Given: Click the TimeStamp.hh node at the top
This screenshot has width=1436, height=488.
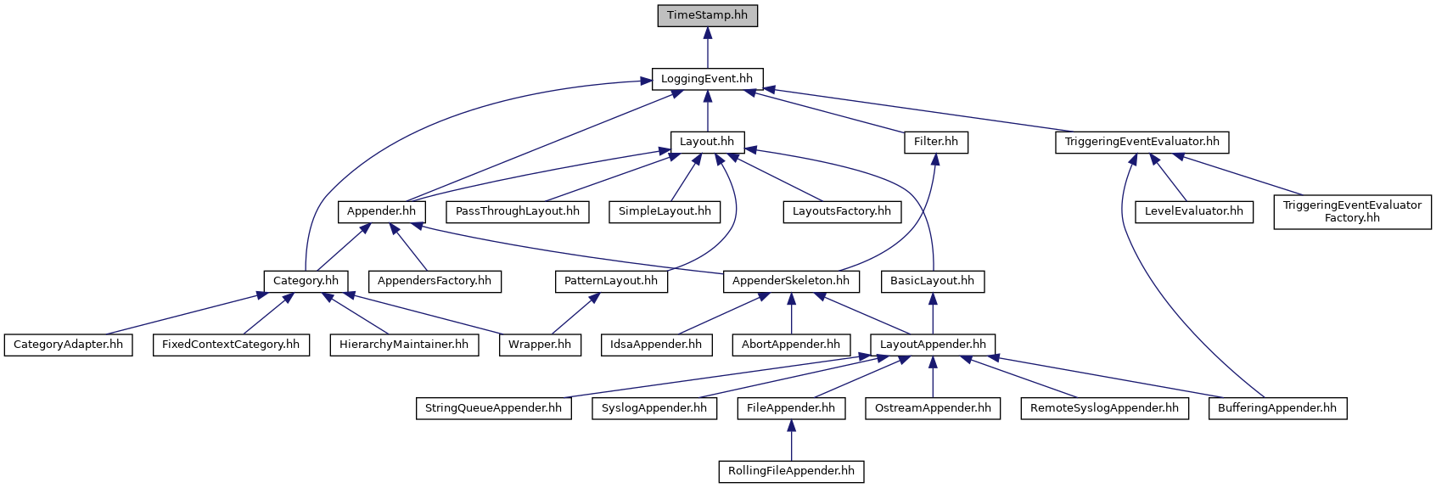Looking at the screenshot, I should [x=707, y=15].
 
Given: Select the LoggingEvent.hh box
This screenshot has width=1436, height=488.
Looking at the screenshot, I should [x=707, y=79].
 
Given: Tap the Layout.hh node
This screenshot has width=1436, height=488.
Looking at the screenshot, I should [x=707, y=142].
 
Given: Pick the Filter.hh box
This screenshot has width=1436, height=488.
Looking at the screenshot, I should [x=936, y=142].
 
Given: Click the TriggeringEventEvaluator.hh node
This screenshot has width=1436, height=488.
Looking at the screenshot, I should [x=1142, y=142].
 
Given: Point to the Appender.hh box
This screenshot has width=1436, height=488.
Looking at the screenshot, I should [x=381, y=211].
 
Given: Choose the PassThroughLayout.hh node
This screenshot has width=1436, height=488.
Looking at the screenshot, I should [x=518, y=211].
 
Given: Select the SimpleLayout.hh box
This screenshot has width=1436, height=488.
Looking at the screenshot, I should [x=665, y=211].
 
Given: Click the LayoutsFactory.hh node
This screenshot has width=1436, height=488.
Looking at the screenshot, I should [x=842, y=211].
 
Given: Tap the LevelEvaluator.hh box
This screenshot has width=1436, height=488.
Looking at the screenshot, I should [x=1194, y=211].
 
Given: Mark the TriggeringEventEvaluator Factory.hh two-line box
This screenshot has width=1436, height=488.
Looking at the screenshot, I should [x=1352, y=211].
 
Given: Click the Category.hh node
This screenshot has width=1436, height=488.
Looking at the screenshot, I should [x=306, y=281].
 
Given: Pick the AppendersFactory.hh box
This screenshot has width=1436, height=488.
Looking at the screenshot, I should [x=435, y=281].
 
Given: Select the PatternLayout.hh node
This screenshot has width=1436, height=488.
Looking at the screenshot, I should [x=611, y=281].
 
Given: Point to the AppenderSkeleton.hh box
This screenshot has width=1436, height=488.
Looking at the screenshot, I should [x=791, y=281].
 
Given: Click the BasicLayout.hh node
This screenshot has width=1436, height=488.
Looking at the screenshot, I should [x=933, y=281].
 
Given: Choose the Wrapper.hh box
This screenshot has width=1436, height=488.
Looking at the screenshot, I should [x=540, y=345].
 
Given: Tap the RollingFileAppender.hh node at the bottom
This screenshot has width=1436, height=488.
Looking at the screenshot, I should [x=791, y=471].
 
